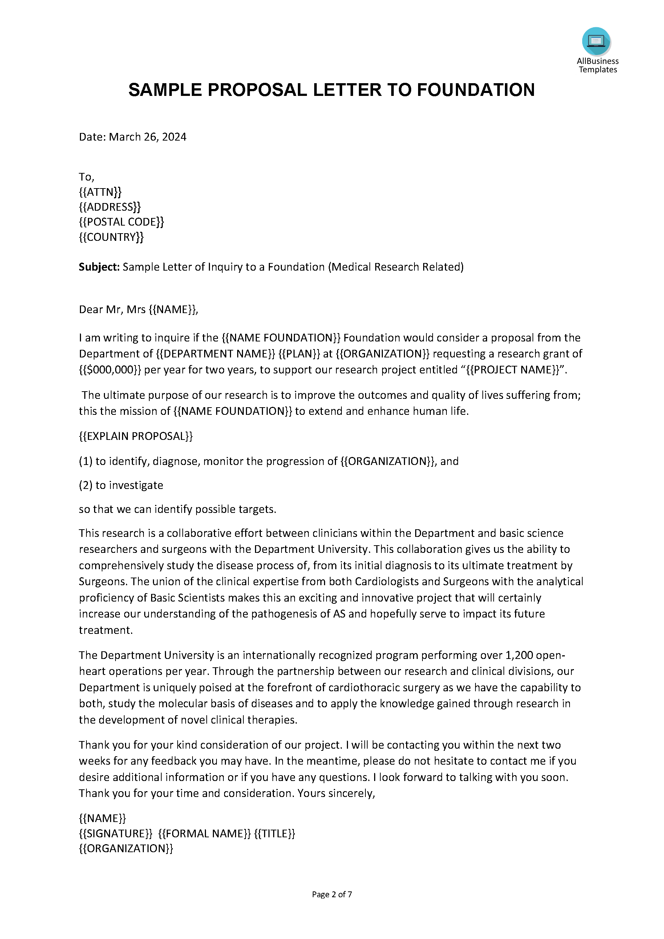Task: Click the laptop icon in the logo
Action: [x=596, y=40]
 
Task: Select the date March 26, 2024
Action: [x=147, y=137]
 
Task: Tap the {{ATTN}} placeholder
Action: [x=100, y=192]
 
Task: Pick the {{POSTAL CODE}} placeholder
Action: [x=121, y=222]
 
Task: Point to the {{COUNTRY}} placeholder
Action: [x=111, y=237]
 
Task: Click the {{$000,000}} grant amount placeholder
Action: [x=110, y=370]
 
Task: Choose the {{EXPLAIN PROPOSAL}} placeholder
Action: [x=135, y=436]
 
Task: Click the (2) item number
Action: [x=85, y=485]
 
